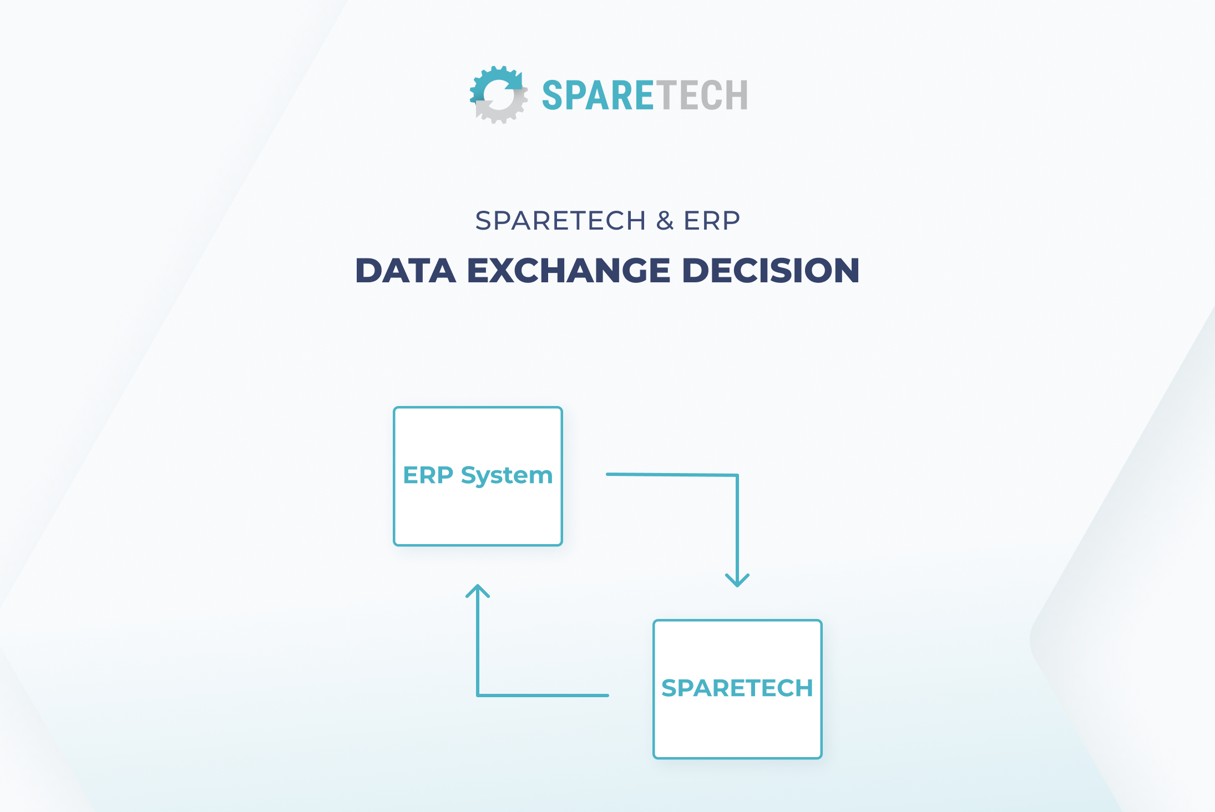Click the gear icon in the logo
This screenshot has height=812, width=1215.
(x=498, y=95)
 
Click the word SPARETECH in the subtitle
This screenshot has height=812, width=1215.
(x=560, y=221)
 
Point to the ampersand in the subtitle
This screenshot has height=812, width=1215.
(x=665, y=221)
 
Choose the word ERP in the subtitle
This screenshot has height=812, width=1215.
(x=712, y=221)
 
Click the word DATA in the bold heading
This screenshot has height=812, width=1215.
(x=406, y=271)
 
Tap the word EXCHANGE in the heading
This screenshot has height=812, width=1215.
(x=569, y=271)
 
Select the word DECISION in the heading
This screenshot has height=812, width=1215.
(x=771, y=271)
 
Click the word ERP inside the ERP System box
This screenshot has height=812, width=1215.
(x=428, y=475)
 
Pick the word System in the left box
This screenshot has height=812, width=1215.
(x=507, y=476)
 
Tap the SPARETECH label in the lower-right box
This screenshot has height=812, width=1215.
(x=737, y=688)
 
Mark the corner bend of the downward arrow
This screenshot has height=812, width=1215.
(x=737, y=475)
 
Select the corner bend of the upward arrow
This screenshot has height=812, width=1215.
(x=478, y=694)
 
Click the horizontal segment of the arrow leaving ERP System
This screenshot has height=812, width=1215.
(x=671, y=475)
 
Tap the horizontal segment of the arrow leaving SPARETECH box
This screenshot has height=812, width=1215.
(x=544, y=695)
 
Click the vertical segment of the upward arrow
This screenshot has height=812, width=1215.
(x=478, y=643)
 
